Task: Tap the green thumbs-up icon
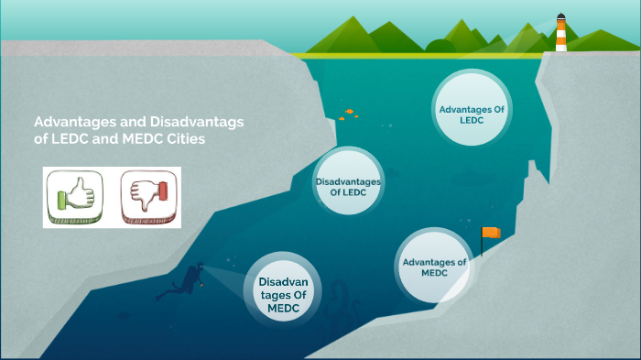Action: click(x=74, y=197)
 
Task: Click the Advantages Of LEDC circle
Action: click(x=472, y=115)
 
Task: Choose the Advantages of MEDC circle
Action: click(x=434, y=267)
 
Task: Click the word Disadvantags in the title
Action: click(x=207, y=122)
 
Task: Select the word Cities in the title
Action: click(x=186, y=139)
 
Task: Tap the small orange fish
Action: click(x=349, y=112)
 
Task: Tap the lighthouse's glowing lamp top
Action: click(x=560, y=18)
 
